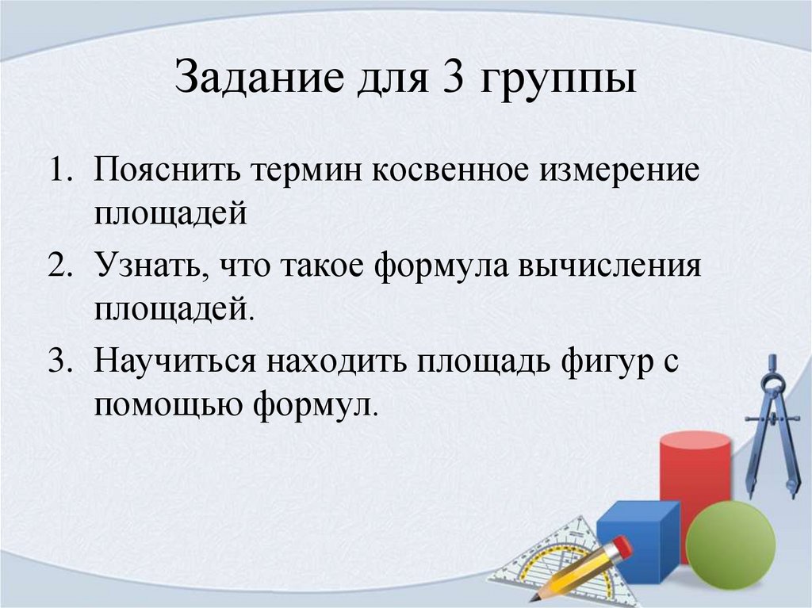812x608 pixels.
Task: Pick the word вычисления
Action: [x=610, y=268]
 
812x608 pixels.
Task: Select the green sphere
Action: [x=730, y=538]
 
